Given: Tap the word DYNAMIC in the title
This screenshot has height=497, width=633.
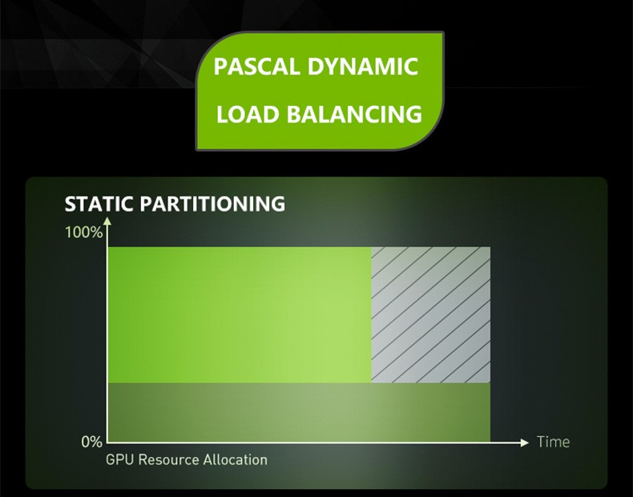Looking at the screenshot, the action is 362,67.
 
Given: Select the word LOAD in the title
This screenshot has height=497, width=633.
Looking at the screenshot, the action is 248,114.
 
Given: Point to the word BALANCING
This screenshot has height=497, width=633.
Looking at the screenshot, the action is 354,114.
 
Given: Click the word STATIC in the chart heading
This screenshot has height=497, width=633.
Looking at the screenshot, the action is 99,204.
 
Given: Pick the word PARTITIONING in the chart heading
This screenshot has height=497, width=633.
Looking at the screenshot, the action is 213,204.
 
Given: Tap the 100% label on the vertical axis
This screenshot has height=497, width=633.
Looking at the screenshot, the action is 83,232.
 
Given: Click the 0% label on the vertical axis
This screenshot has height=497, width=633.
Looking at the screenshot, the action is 91,442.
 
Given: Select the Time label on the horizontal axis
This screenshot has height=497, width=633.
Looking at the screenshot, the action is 553,442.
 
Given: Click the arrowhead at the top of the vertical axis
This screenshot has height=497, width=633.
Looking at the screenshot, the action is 107,221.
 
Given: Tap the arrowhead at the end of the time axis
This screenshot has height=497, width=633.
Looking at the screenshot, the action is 524,443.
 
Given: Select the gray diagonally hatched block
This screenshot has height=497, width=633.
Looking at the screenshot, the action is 431,315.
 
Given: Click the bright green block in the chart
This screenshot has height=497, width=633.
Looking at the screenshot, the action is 240,315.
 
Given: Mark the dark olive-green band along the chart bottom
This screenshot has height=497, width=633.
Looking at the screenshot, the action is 299,412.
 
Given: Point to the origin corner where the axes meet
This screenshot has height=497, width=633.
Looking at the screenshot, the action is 107,443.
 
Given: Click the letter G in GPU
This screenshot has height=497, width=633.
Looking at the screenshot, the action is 111,460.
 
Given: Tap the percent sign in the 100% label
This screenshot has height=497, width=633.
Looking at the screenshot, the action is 97,232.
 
